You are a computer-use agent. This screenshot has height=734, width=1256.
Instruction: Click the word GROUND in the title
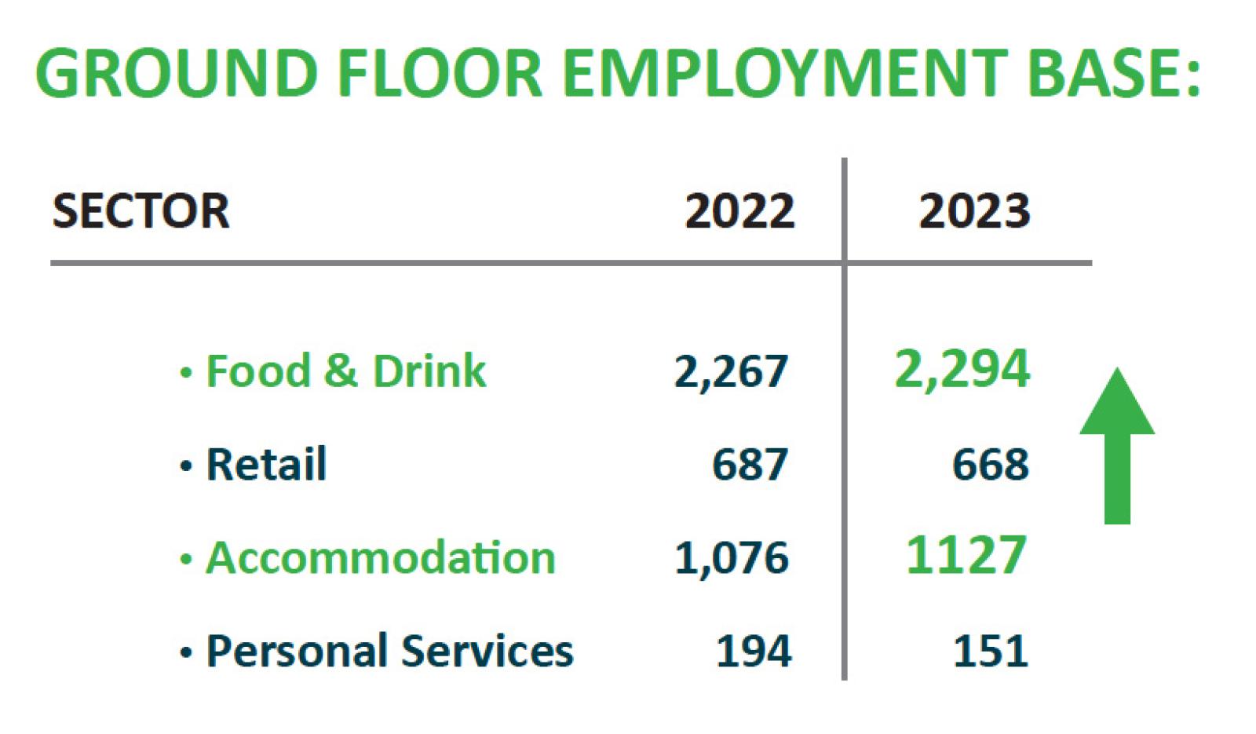pos(176,73)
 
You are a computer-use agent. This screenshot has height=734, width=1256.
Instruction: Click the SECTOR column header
pos(141,211)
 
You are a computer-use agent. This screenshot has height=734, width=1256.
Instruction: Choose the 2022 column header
pos(739,211)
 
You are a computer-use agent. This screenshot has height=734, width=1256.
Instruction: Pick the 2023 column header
pos(974,211)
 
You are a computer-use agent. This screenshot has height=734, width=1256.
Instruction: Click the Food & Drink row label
pos(345,371)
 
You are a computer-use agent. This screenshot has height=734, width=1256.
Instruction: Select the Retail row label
pos(266,463)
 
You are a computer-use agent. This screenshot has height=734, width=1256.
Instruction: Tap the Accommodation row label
pos(381,557)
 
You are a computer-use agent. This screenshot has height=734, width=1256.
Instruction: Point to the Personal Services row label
pos(389,651)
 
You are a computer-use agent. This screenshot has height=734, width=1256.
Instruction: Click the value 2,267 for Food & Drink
pos(731,372)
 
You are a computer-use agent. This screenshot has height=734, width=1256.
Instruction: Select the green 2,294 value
pos(962,369)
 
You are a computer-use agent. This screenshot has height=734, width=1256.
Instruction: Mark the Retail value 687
pos(750,464)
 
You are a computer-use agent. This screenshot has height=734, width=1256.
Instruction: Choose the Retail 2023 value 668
pos(990,464)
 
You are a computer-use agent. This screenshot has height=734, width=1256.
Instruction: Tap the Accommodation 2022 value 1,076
pos(732,558)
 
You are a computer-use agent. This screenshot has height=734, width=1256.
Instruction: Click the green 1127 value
pos(966,555)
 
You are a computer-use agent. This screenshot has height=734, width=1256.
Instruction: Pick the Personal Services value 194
pos(754,652)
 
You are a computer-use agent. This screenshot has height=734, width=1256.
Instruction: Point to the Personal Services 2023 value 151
pos(990,652)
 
